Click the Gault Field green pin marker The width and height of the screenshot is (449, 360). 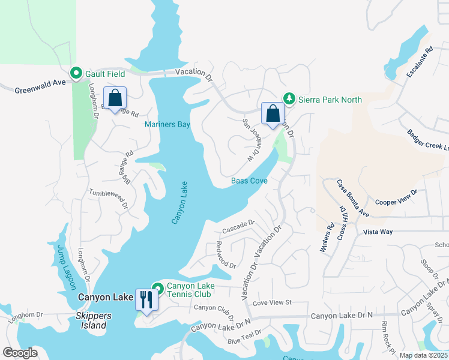76,73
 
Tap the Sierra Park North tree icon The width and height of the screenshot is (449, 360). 289,98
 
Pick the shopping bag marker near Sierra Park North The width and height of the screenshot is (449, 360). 273,113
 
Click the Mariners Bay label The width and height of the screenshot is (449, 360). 167,124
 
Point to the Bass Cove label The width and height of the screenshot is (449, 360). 249,181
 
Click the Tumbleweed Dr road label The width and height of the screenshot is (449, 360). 109,197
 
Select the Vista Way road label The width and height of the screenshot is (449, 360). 378,231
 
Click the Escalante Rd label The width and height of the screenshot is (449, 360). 419,63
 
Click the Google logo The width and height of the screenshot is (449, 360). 20,353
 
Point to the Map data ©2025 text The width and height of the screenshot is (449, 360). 423,355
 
